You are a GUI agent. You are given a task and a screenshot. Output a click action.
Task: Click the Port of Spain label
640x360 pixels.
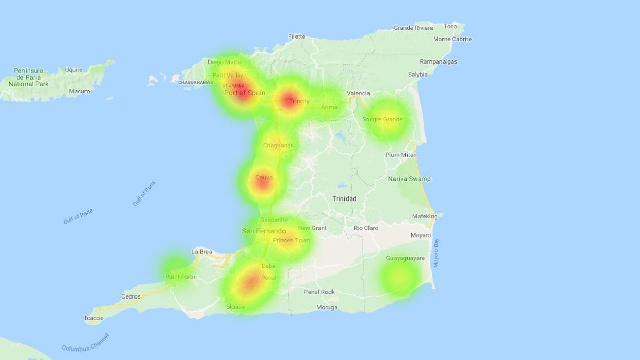244,93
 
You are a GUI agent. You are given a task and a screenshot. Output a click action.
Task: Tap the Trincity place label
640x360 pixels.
299,101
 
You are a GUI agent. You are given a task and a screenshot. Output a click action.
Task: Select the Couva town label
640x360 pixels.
264,178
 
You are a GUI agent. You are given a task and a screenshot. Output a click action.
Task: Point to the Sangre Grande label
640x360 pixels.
383,120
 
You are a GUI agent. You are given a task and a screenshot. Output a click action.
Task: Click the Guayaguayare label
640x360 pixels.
405,258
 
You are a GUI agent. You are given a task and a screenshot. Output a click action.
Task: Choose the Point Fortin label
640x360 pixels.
181,277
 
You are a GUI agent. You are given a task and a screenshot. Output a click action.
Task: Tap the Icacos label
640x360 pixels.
94,318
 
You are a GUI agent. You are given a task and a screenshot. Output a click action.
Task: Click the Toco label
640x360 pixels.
450,27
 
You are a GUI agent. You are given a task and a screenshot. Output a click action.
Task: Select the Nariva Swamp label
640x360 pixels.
409,179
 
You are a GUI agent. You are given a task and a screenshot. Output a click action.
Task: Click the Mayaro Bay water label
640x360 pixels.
436,253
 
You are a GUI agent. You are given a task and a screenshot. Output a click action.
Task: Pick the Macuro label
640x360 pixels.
79,91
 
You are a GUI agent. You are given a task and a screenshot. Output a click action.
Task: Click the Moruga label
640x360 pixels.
327,307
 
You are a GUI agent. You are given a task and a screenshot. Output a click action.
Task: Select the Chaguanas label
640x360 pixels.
278,146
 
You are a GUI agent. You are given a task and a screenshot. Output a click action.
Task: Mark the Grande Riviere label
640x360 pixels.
413,28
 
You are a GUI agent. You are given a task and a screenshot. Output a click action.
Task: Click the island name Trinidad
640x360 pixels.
344,199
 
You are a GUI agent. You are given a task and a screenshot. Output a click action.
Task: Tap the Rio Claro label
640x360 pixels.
366,228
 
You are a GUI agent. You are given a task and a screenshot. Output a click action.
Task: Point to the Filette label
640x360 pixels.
297,36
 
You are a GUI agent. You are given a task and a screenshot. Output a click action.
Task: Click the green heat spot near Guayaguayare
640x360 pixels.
399,278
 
